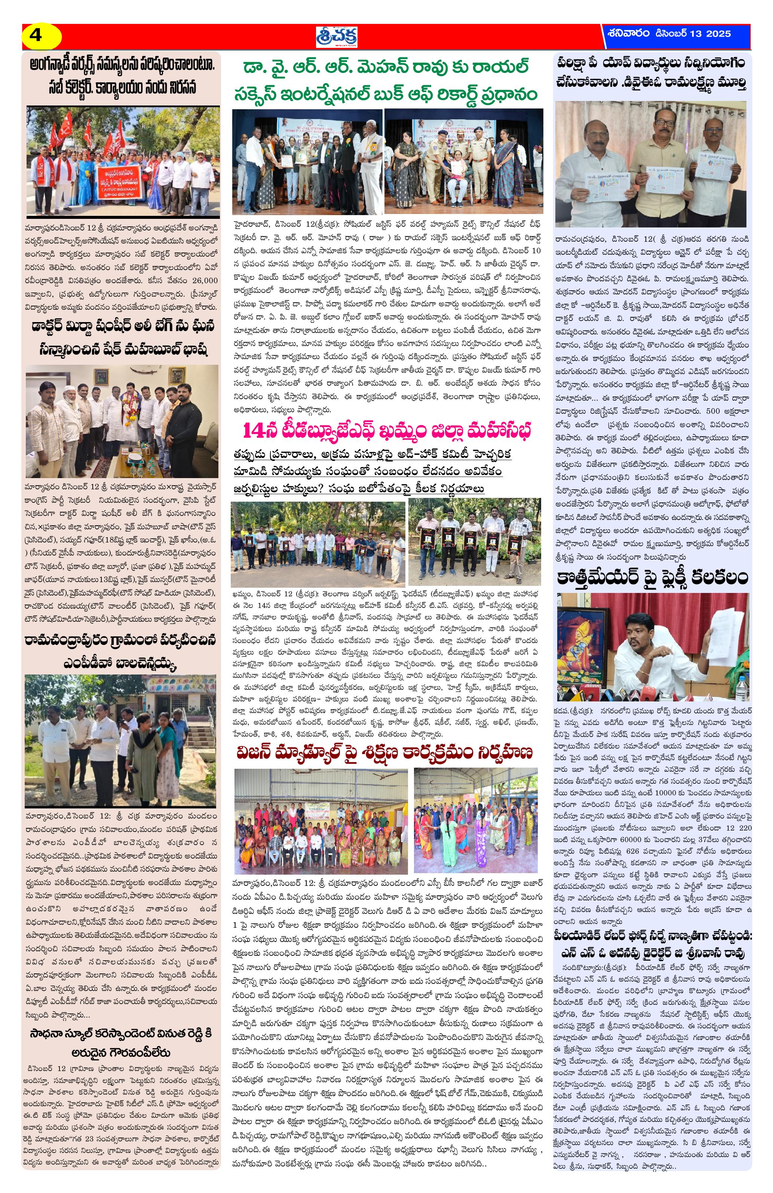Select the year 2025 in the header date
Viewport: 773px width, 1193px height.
click(x=718, y=34)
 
